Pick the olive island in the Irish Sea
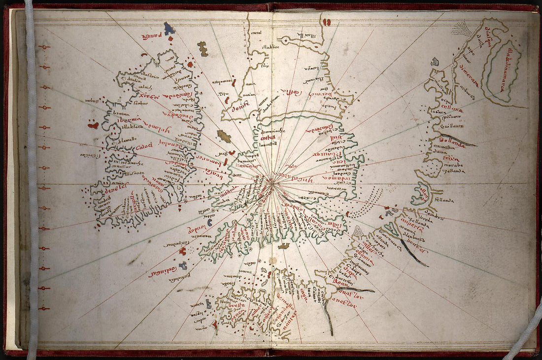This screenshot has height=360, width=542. point(224,136)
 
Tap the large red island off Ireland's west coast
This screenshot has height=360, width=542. point(93,125)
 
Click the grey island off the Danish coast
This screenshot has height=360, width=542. point(435,62)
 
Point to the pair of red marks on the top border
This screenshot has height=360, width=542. point(327,22)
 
